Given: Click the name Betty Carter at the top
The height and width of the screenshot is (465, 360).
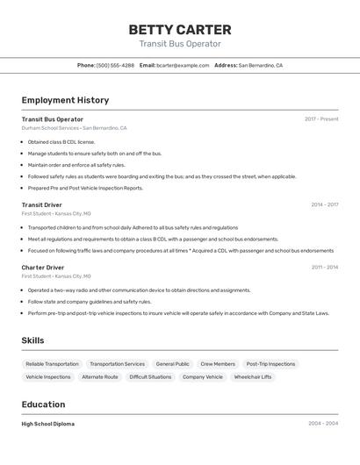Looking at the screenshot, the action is coord(180,29).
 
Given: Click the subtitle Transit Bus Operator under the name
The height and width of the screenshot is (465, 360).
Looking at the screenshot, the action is coord(180,44).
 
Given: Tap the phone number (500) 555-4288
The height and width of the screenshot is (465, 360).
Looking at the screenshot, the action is coord(115,65).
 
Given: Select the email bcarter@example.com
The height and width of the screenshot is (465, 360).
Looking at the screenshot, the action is coord(183,65).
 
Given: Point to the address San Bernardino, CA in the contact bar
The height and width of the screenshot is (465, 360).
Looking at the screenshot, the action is coord(260,65).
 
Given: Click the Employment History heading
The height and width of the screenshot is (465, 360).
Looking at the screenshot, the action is coord(65,100).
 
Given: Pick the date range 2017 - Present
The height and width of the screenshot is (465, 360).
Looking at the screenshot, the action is coord(321,119).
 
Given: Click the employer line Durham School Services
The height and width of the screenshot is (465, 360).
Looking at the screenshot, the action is coord(50,128).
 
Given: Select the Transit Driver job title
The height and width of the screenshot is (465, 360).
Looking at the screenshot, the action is coord(41,204).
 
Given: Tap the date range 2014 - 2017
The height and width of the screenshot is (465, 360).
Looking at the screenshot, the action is coord(324,204).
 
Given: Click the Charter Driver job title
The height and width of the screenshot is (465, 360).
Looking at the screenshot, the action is coord(43,267).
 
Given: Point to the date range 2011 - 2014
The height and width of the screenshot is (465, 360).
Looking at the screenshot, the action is coord(324,267).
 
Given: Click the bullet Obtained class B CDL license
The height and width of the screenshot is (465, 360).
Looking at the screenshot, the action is coord(61,141).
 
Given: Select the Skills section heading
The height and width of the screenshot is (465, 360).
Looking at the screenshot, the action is coord(32,340).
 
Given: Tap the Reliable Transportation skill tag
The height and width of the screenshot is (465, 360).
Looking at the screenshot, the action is coord(52,364).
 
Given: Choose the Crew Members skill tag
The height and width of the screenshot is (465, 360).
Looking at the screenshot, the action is coord(218,364).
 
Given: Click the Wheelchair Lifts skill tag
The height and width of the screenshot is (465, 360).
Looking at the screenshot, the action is coord(253,377).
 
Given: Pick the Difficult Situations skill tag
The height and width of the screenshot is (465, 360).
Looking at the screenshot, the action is coord(150,377).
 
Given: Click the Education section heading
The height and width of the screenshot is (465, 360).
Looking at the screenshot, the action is coord(43,404).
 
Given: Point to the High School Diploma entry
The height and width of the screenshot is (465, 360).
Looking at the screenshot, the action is coord(47,424).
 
